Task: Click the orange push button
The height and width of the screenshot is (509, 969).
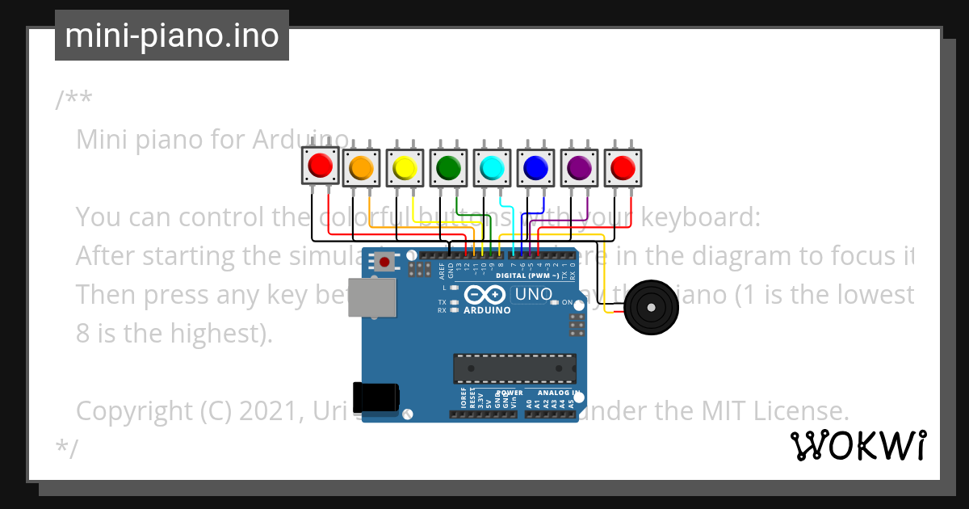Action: click(360, 167)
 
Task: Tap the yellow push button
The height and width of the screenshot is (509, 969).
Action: click(404, 167)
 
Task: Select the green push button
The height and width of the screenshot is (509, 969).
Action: click(447, 167)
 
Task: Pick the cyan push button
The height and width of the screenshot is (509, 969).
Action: click(491, 167)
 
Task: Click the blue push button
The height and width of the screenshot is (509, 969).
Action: click(535, 167)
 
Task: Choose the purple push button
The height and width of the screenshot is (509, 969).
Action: click(578, 167)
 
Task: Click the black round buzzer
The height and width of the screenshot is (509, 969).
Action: click(651, 307)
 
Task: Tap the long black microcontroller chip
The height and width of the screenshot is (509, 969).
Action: click(514, 368)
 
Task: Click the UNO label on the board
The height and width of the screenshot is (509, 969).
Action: click(533, 295)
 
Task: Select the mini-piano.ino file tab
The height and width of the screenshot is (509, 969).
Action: click(172, 36)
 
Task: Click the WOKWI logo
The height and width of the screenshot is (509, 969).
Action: click(858, 445)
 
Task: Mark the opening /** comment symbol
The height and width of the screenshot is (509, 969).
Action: click(73, 101)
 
